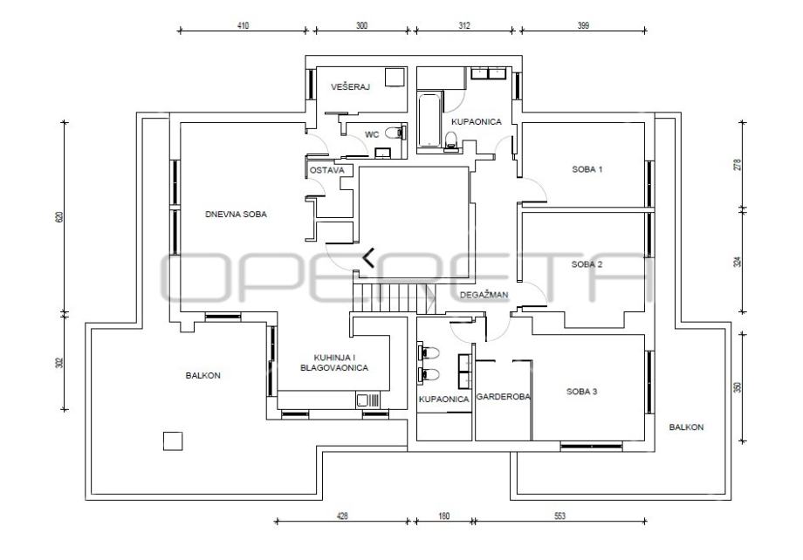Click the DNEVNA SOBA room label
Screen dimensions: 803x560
(236, 215)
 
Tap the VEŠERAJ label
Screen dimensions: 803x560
(350, 87)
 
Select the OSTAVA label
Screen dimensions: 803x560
(327, 170)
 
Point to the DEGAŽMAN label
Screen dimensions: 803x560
(484, 295)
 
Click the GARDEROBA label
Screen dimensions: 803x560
(504, 397)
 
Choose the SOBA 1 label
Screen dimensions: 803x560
(587, 169)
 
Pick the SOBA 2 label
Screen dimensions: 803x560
(587, 264)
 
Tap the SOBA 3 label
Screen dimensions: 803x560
(582, 393)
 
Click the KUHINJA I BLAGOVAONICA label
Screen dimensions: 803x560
(334, 363)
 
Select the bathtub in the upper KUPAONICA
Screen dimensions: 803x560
(429, 120)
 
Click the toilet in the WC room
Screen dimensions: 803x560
(394, 133)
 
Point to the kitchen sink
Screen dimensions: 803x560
(368, 400)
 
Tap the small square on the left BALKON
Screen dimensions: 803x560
(173, 441)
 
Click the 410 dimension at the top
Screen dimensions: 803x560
(244, 25)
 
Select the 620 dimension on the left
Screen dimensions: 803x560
(59, 216)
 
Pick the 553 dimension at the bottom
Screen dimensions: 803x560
(559, 516)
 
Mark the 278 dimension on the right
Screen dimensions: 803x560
(738, 165)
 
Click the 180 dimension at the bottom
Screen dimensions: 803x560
(444, 516)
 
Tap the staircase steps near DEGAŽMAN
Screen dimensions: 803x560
(394, 298)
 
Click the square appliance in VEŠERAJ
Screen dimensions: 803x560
(395, 77)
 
